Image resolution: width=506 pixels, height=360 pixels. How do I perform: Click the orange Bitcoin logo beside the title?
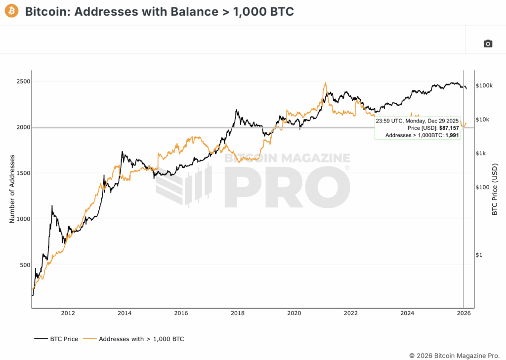(x=11, y=11)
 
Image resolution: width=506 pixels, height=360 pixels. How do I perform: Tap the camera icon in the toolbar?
(x=488, y=43)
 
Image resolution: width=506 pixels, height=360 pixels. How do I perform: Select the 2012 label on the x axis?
(x=68, y=313)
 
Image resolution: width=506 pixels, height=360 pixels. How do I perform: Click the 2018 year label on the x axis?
(x=238, y=313)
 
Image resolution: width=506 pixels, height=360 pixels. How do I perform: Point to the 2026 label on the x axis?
(x=464, y=313)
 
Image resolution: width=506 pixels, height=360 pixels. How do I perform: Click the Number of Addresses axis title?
(x=12, y=189)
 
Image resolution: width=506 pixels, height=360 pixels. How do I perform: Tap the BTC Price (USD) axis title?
(x=494, y=189)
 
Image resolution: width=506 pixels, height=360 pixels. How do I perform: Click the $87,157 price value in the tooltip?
(x=449, y=128)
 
